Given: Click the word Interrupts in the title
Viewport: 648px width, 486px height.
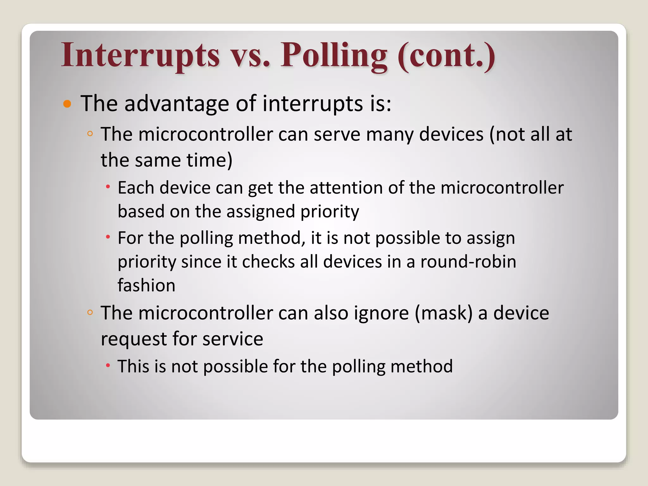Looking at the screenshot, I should point(140,55).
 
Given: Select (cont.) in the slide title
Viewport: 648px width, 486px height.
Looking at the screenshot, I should point(446,55).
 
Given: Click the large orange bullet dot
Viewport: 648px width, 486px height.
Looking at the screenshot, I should point(67,104).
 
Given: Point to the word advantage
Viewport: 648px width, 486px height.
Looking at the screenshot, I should point(177,104).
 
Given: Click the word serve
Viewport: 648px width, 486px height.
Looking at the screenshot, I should point(337,134).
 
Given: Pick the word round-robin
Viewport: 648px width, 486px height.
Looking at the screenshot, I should point(468,262).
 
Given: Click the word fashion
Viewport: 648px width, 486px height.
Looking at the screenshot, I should point(146,285).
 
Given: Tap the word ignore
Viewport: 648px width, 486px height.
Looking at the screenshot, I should point(381,313).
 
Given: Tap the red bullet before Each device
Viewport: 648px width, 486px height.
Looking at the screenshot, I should point(108,187).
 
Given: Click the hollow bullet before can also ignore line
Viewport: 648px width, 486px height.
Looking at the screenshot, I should point(90,313).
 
